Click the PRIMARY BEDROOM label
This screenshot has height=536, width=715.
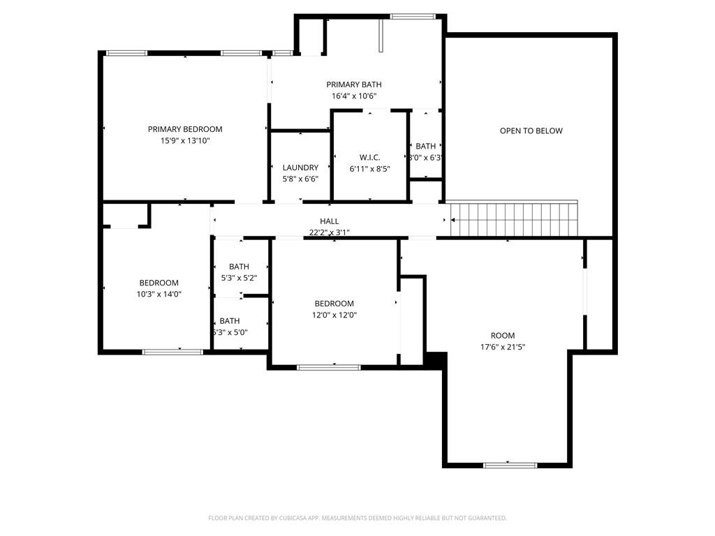coord(185,129)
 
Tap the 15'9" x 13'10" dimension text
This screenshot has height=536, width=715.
coord(185,141)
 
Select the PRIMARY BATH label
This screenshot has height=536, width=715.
coord(354,84)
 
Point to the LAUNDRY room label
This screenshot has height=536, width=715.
coord(300,167)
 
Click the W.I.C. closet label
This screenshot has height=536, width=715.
coord(370,157)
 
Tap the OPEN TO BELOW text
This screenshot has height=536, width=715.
coord(531,131)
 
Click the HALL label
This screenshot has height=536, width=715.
coord(330,221)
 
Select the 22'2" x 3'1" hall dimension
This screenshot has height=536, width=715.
coord(330,232)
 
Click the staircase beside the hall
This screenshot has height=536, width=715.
coord(514,219)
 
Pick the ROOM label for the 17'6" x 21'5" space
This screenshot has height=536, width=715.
coord(503,336)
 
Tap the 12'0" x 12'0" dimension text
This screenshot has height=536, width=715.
coord(334,315)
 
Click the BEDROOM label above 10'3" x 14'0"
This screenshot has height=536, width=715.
coord(159,283)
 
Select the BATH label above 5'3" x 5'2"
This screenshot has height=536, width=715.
coord(239,267)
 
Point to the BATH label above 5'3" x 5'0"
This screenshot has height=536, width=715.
coord(230,321)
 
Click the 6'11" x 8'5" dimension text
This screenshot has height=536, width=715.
coord(370,169)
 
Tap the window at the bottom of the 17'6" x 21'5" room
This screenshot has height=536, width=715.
coord(510,466)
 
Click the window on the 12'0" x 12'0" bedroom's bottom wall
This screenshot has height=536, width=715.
coord(329,367)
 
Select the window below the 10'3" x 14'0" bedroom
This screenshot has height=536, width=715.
coord(172,352)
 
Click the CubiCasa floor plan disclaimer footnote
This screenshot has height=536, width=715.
coord(357,518)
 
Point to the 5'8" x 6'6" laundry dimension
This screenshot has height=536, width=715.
coord(300,179)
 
